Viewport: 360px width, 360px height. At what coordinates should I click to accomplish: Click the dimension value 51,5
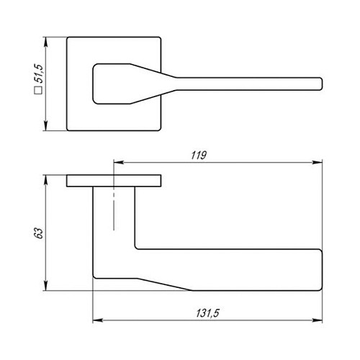pyautogui.click(x=39, y=73)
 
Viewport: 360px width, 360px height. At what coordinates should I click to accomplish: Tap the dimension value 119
pyautogui.click(x=199, y=156)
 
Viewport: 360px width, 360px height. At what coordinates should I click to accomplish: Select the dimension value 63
pyautogui.click(x=39, y=233)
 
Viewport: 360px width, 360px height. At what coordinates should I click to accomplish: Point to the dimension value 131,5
pyautogui.click(x=208, y=313)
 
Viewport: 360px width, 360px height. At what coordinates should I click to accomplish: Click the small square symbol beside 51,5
pyautogui.click(x=39, y=91)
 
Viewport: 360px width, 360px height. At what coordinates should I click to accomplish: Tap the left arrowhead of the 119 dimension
pyautogui.click(x=119, y=163)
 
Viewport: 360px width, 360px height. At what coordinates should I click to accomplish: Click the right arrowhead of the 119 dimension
pyautogui.click(x=317, y=163)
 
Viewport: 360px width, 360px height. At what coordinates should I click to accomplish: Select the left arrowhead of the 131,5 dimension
pyautogui.click(x=98, y=320)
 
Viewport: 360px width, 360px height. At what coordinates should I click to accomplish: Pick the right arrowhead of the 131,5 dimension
pyautogui.click(x=317, y=320)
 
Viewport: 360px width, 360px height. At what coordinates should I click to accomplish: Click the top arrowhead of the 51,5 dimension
pyautogui.click(x=46, y=42)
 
